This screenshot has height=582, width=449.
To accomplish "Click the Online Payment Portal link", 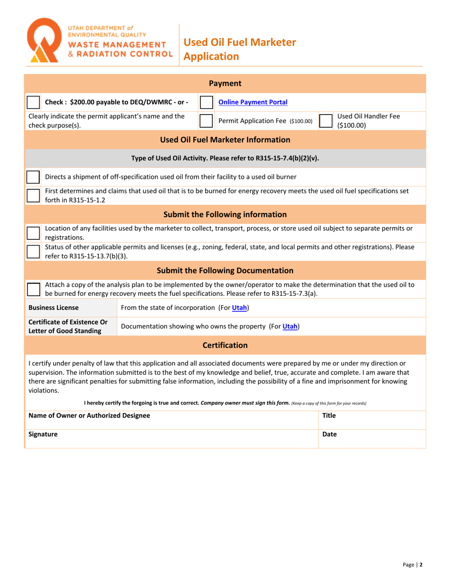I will (252, 102).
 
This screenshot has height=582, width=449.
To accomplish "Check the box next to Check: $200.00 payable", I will (33, 102).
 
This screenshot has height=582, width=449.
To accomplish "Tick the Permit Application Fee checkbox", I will (206, 121).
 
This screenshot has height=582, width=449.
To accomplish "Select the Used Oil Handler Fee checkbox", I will (326, 121).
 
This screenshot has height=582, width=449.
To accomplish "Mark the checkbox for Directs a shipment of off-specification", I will (33, 177).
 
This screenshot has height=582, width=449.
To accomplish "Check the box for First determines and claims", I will (33, 195).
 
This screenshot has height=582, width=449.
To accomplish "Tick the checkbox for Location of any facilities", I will (33, 233).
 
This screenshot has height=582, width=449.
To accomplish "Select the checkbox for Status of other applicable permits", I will (33, 251).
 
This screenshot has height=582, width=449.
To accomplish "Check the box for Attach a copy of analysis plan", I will (33, 289).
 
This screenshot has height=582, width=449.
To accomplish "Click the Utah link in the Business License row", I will (240, 308).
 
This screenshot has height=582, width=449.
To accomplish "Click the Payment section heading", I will (225, 84).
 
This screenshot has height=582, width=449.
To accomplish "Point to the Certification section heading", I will (225, 345).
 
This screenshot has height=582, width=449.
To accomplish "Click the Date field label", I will (329, 434).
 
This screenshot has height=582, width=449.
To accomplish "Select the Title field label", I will (329, 415).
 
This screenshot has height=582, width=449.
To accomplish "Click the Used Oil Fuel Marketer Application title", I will (239, 49).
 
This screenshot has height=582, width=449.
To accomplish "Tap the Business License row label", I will (53, 308).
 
